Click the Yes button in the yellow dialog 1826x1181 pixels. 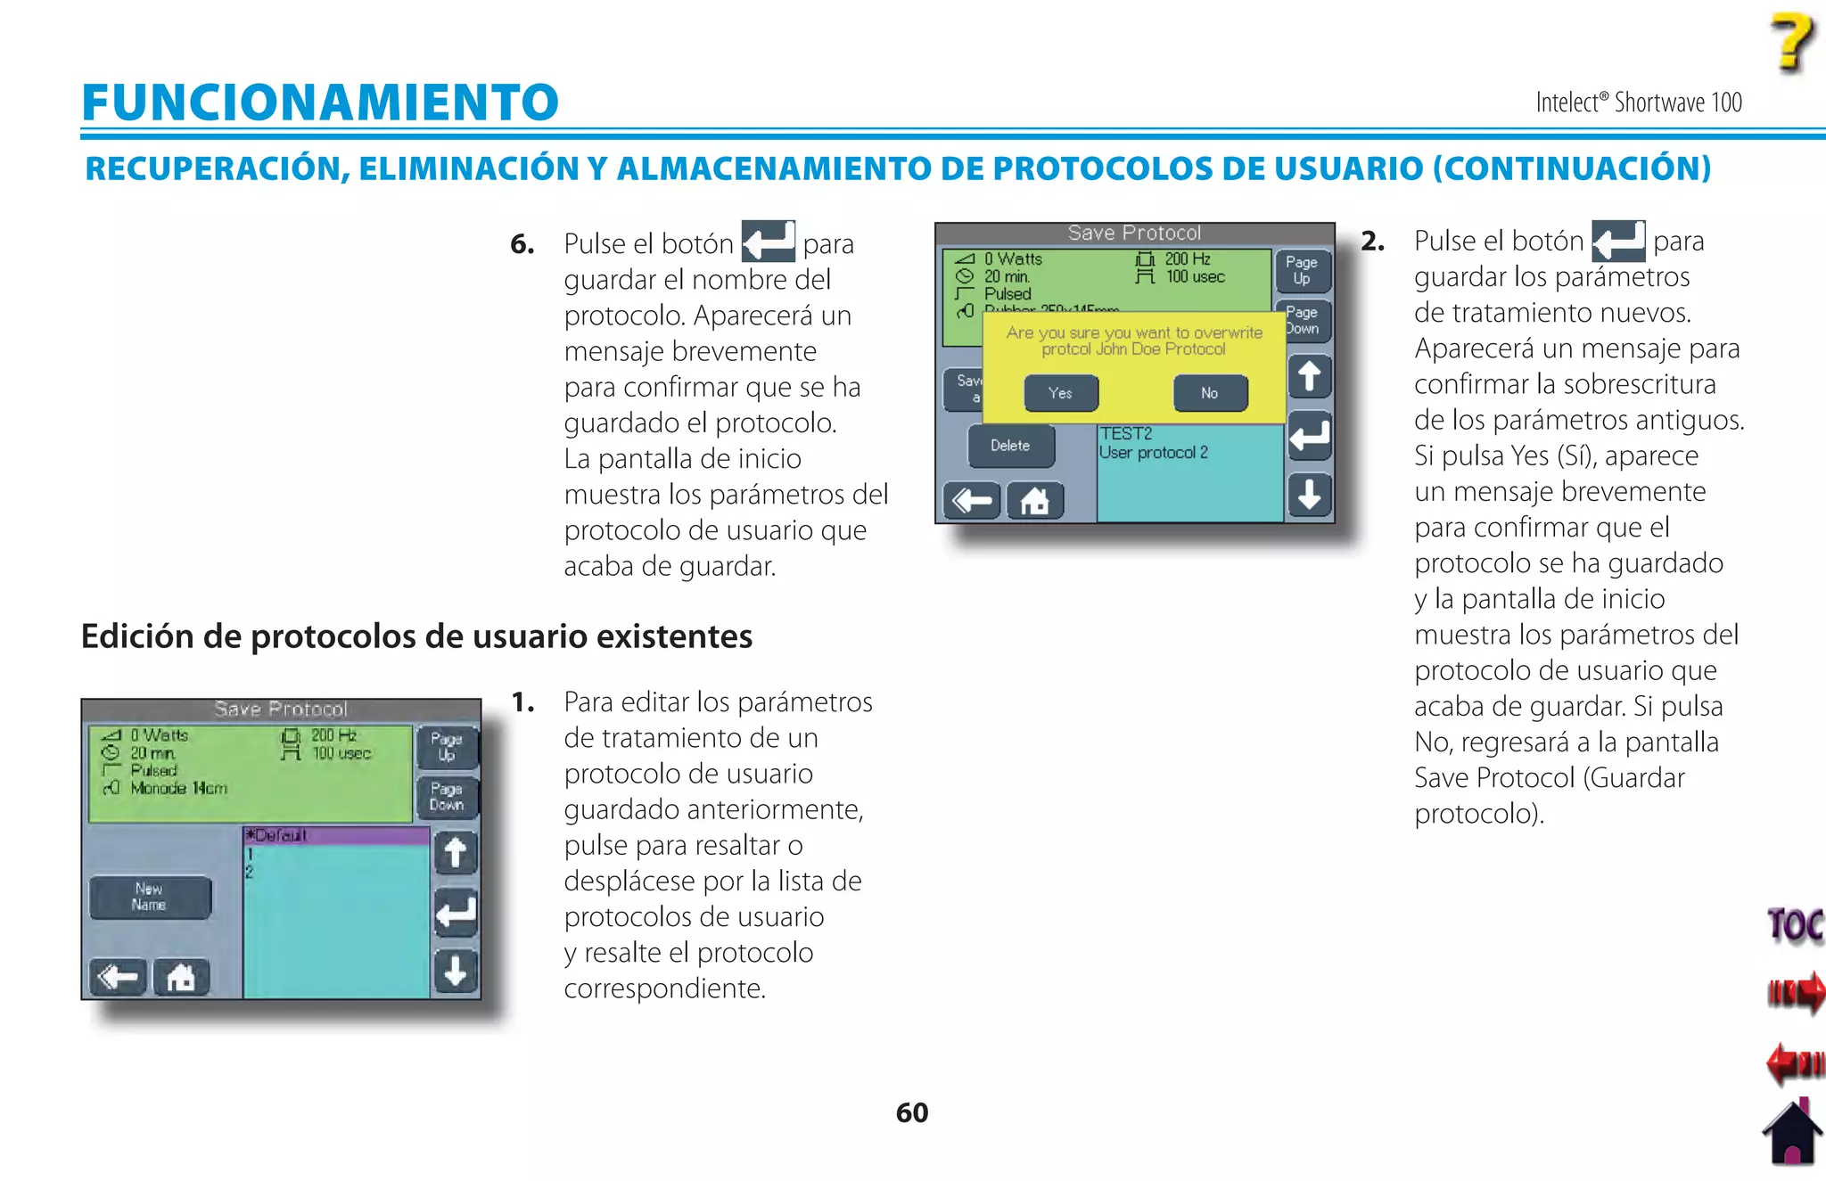(1061, 393)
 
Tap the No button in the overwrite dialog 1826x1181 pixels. (1210, 393)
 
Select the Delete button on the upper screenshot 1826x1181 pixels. (1010, 446)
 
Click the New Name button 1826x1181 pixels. (150, 897)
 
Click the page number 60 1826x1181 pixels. (912, 1112)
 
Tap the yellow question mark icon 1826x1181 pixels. (1792, 42)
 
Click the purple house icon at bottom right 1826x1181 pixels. (1792, 1134)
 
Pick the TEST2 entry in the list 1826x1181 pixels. (1126, 434)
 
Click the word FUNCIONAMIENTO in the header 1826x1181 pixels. (320, 102)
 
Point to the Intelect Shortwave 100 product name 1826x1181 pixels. (1638, 103)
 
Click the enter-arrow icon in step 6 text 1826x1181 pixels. (768, 242)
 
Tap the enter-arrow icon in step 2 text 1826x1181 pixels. (1617, 240)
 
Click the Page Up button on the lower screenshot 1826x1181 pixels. (447, 747)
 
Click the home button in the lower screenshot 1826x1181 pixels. (181, 978)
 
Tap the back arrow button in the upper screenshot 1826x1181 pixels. (972, 501)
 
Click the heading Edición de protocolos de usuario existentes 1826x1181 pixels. (416, 636)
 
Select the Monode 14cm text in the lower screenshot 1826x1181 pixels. (178, 789)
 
